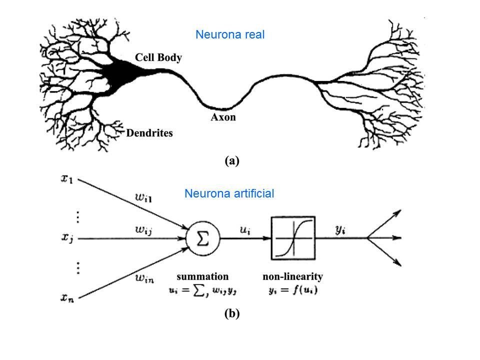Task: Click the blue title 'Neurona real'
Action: tap(229, 35)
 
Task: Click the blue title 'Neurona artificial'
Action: tap(229, 194)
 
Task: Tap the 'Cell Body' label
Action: tap(158, 57)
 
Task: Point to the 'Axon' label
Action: tap(222, 118)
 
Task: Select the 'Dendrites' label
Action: tap(149, 133)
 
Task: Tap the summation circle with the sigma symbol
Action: tap(203, 239)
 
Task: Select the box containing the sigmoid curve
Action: tap(293, 238)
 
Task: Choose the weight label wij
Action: tap(145, 230)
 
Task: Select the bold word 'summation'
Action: tap(202, 276)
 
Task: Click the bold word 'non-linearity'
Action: tap(293, 276)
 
